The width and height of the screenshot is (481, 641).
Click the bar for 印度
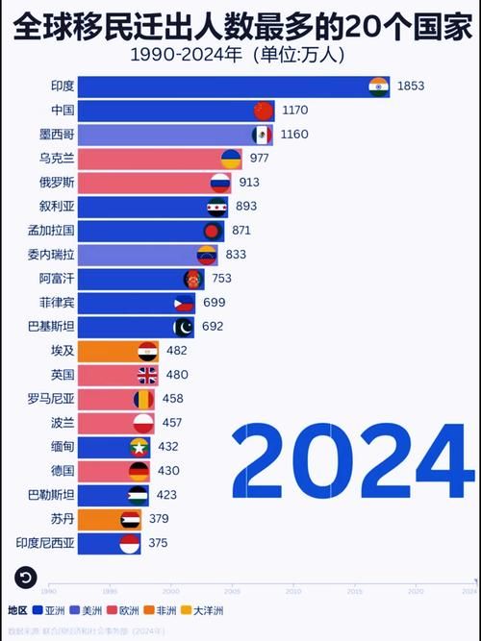pos(231,86)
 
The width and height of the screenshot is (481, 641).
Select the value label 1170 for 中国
pos(295,110)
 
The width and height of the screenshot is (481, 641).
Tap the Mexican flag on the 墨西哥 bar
pos(261,134)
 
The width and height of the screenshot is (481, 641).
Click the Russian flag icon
pos(220,182)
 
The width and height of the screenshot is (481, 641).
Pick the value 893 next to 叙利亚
pos(246,206)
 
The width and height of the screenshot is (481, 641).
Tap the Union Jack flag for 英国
pos(147,375)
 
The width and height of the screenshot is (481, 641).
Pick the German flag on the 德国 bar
pos(139,471)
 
